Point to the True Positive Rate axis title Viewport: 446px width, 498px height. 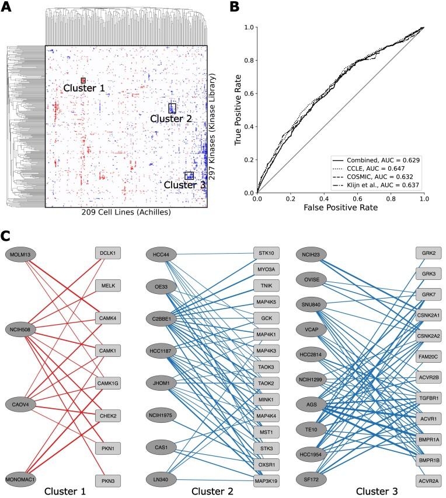pyautogui.click(x=238, y=110)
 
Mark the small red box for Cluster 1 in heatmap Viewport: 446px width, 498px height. pyautogui.click(x=83, y=80)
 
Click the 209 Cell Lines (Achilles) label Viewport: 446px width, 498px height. pyautogui.click(x=126, y=213)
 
